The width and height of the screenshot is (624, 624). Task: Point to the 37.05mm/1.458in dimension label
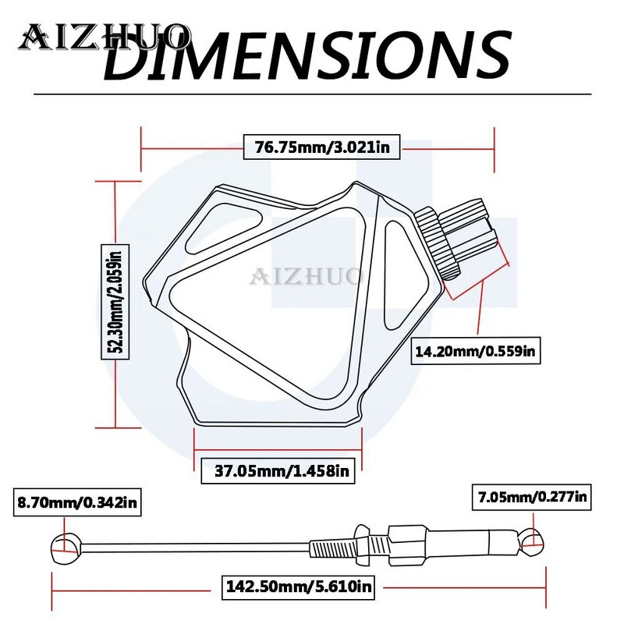[278, 470]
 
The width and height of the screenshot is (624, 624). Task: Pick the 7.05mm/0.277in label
[530, 495]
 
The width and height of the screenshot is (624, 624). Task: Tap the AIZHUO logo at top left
[105, 35]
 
